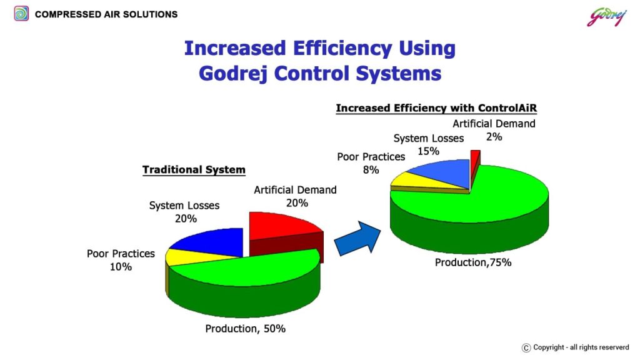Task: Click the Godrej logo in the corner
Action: [x=606, y=17]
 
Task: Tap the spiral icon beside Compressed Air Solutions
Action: [x=21, y=14]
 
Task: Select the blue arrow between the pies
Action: [x=357, y=239]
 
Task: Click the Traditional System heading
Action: [x=194, y=170]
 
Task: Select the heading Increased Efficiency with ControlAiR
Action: [x=436, y=108]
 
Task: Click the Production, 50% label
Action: [x=245, y=329]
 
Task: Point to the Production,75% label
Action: [x=473, y=262]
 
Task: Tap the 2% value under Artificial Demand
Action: [x=494, y=137]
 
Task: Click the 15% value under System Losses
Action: [x=428, y=151]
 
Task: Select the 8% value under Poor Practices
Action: [x=371, y=170]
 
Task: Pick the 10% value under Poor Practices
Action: [x=121, y=267]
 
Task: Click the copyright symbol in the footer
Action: [x=526, y=347]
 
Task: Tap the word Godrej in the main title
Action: [x=233, y=74]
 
